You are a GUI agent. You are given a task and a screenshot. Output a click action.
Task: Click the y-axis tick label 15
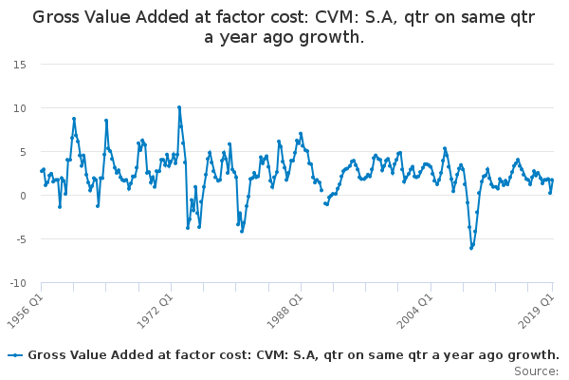(19, 65)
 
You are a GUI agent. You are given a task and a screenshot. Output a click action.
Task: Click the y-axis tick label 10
(19, 108)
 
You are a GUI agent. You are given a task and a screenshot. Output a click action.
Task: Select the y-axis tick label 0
(22, 196)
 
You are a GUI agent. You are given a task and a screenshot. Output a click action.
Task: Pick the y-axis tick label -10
(17, 283)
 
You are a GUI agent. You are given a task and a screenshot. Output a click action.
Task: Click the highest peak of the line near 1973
(178, 107)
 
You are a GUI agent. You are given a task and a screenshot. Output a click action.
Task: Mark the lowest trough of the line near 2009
(471, 248)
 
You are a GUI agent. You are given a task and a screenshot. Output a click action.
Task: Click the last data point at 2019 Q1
(553, 180)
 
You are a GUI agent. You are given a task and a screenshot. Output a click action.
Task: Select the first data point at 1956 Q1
(41, 171)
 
